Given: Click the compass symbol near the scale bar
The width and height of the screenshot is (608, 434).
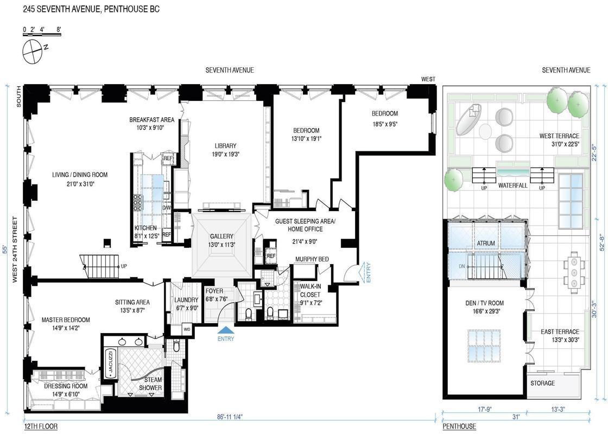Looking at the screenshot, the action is (32, 52).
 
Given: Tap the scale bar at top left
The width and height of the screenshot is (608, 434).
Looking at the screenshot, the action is (42, 35).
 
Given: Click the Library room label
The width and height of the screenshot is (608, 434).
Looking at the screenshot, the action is (225, 146).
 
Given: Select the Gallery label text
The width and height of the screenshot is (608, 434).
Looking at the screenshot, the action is (221, 236).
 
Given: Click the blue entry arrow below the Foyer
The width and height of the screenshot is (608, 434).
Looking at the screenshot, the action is (226, 330).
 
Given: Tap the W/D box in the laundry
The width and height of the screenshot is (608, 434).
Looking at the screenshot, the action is (187, 329).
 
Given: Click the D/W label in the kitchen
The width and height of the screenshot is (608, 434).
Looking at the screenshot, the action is (166, 208).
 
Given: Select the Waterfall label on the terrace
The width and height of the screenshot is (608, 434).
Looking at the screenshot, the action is (512, 186).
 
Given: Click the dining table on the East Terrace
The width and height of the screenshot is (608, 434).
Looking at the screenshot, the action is (573, 271).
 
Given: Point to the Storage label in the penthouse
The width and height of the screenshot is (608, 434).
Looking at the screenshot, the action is (542, 383).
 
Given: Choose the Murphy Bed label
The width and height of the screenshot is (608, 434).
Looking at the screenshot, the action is (312, 259).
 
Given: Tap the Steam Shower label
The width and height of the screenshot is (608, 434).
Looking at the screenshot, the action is (151, 384).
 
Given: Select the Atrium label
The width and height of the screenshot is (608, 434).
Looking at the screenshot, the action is (485, 243).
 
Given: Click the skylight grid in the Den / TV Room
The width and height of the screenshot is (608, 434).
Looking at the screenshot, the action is (484, 345).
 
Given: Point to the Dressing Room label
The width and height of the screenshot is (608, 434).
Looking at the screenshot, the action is (66, 386).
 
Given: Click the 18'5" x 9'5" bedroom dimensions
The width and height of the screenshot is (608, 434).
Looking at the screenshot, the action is (385, 124).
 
